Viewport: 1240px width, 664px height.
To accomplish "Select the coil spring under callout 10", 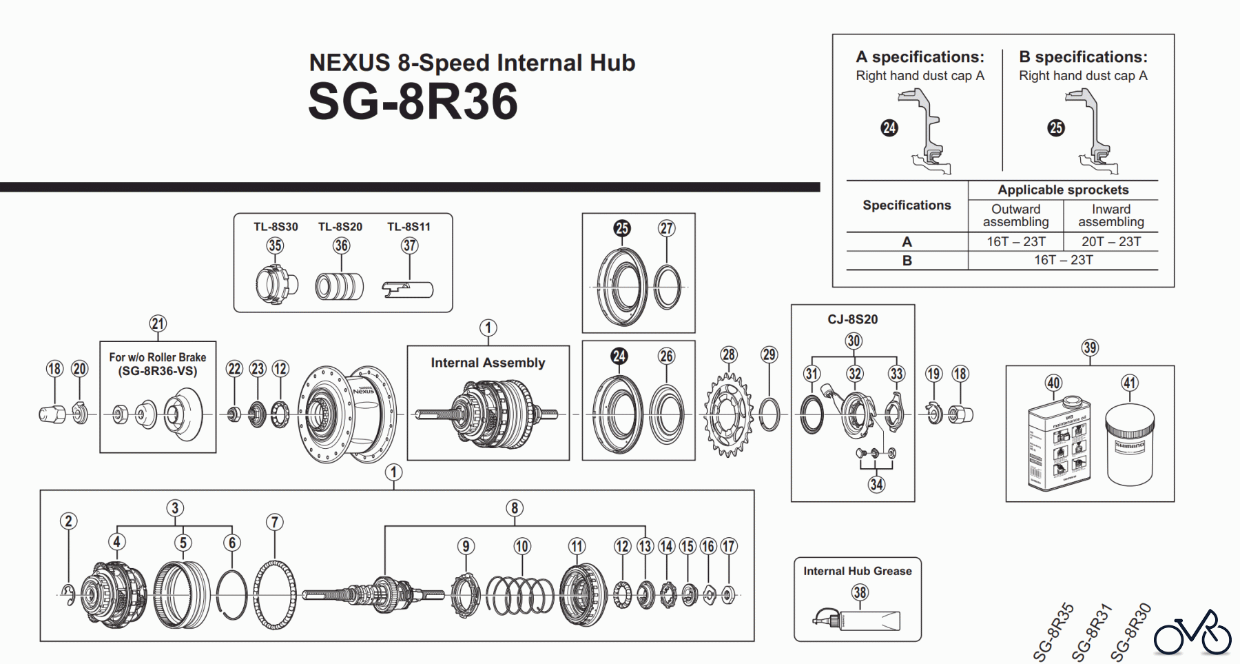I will (520, 594).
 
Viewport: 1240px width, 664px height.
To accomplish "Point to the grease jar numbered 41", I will (1129, 445).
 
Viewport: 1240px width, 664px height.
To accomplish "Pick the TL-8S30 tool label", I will (276, 227).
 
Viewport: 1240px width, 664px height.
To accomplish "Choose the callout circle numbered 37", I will (410, 245).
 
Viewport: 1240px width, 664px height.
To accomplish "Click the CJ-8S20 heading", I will (853, 319).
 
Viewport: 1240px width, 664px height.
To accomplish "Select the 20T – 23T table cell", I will (1110, 241).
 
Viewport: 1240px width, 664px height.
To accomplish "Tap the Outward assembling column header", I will (1015, 215).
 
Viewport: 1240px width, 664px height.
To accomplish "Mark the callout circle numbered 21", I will (158, 323).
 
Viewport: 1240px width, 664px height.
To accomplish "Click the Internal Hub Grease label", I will (857, 571).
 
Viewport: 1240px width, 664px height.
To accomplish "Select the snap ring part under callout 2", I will (68, 595).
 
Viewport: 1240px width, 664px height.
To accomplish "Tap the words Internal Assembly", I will (488, 363).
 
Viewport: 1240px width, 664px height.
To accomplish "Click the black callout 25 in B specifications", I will (1055, 128).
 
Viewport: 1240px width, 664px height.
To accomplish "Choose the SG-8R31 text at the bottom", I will (1093, 632).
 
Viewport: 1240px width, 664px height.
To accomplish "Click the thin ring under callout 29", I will (769, 414).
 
